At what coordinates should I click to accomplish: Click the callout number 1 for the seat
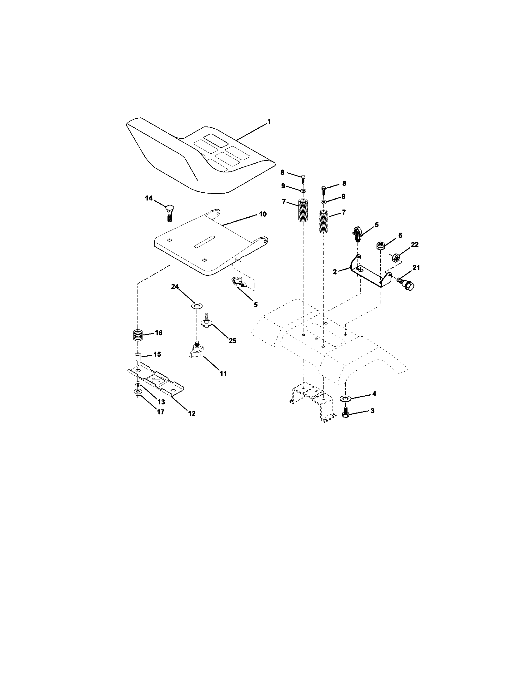(x=269, y=121)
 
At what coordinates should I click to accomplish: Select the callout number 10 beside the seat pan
(x=262, y=214)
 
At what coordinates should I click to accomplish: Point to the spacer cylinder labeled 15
(x=137, y=357)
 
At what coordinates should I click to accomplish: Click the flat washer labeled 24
(x=197, y=305)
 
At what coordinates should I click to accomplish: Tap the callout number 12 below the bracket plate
(x=191, y=414)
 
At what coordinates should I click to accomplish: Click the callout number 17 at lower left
(x=161, y=412)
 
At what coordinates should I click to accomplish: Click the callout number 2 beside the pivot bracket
(x=335, y=272)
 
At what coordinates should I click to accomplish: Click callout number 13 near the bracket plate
(x=161, y=402)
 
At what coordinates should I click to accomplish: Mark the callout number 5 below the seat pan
(x=256, y=304)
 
